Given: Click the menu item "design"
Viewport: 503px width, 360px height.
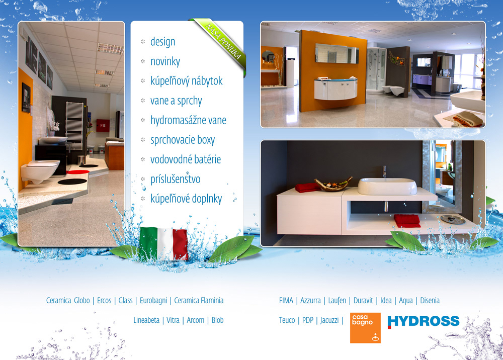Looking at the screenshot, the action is click(x=162, y=42).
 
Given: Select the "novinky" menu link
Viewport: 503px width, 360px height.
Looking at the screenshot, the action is click(x=165, y=61).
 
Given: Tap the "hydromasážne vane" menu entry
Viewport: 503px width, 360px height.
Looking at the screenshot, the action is click(x=188, y=120).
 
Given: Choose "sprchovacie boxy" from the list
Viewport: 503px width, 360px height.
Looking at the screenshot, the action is click(x=183, y=140).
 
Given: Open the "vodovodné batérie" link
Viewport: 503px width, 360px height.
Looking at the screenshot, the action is click(x=186, y=159).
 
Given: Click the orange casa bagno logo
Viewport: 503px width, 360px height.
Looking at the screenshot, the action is click(x=365, y=328).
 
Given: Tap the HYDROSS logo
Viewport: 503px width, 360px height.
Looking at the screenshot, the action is click(x=424, y=321).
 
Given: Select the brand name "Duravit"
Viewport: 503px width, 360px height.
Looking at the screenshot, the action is click(x=363, y=300).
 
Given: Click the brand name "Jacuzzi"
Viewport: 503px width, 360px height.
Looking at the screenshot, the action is click(x=329, y=320).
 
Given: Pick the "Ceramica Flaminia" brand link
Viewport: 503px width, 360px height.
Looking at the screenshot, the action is click(x=199, y=300).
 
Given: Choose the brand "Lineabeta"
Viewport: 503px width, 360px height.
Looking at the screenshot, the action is click(x=146, y=320).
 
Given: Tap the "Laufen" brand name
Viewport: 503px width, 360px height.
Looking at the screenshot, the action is click(x=337, y=300).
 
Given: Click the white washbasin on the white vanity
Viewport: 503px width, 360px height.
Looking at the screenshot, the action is click(x=387, y=186).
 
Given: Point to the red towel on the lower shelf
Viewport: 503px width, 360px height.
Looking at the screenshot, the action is click(x=407, y=221).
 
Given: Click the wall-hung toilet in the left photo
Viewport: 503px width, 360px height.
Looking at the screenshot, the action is click(x=40, y=170).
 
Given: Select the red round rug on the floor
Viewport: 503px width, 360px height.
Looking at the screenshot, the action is click(x=78, y=172).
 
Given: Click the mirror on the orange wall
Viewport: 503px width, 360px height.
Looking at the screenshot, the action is click(x=337, y=53).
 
